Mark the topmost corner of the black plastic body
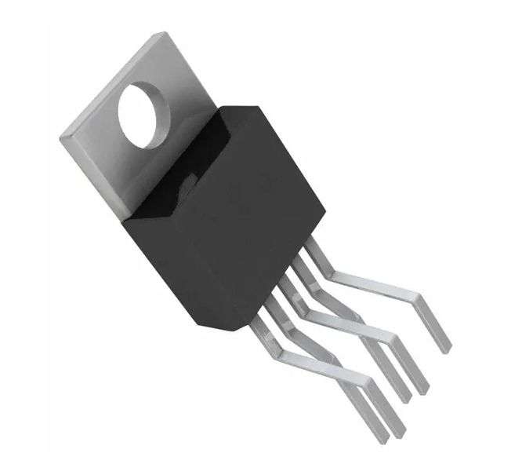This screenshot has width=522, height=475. (236, 103)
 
